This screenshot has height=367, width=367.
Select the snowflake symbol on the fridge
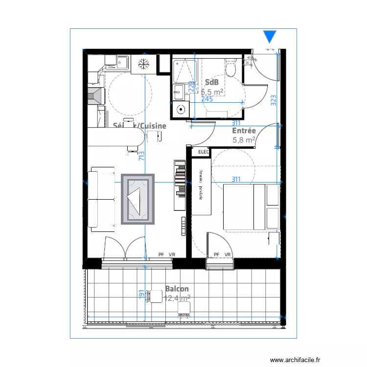[143, 64]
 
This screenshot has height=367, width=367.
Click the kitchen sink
[121, 62]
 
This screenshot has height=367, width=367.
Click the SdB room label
[212, 82]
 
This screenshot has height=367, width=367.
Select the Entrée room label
[244, 131]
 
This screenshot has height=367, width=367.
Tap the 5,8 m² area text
[244, 140]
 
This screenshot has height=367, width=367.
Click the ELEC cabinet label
[203, 152]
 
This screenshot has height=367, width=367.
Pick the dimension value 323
[274, 100]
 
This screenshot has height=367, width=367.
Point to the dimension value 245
[207, 99]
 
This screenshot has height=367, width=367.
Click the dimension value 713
[141, 156]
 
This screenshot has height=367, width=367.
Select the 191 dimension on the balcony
[141, 294]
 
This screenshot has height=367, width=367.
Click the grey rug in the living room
[138, 199]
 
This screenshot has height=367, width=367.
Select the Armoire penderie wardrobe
[201, 186]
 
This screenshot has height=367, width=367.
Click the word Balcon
[177, 289]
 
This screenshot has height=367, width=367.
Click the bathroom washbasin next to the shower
[179, 91]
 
